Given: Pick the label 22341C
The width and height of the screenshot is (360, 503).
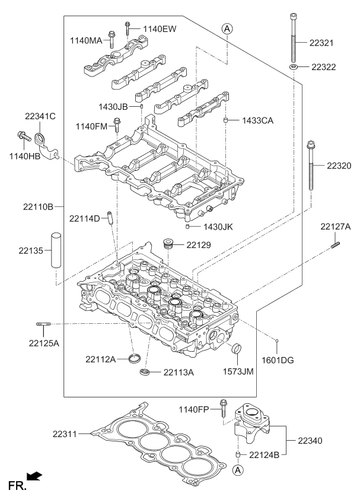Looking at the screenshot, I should pos(40,116).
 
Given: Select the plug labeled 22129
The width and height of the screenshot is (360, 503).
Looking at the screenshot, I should pos(169,244).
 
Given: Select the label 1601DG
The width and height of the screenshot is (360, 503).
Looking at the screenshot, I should pos(278,359).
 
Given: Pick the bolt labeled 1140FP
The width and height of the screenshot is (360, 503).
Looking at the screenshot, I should pos(223,409).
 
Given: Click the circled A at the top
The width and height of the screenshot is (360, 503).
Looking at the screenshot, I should pos(227,28).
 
